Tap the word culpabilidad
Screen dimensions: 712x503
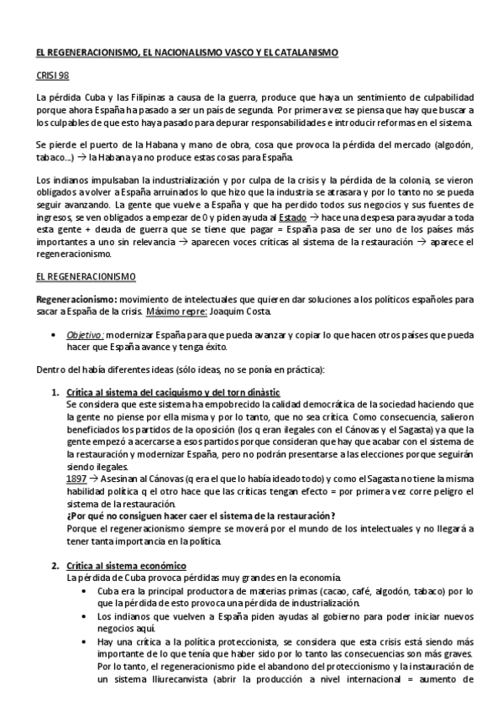(446, 97)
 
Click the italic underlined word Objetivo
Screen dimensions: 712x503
(86, 333)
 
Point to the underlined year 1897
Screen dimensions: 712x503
(76, 477)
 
